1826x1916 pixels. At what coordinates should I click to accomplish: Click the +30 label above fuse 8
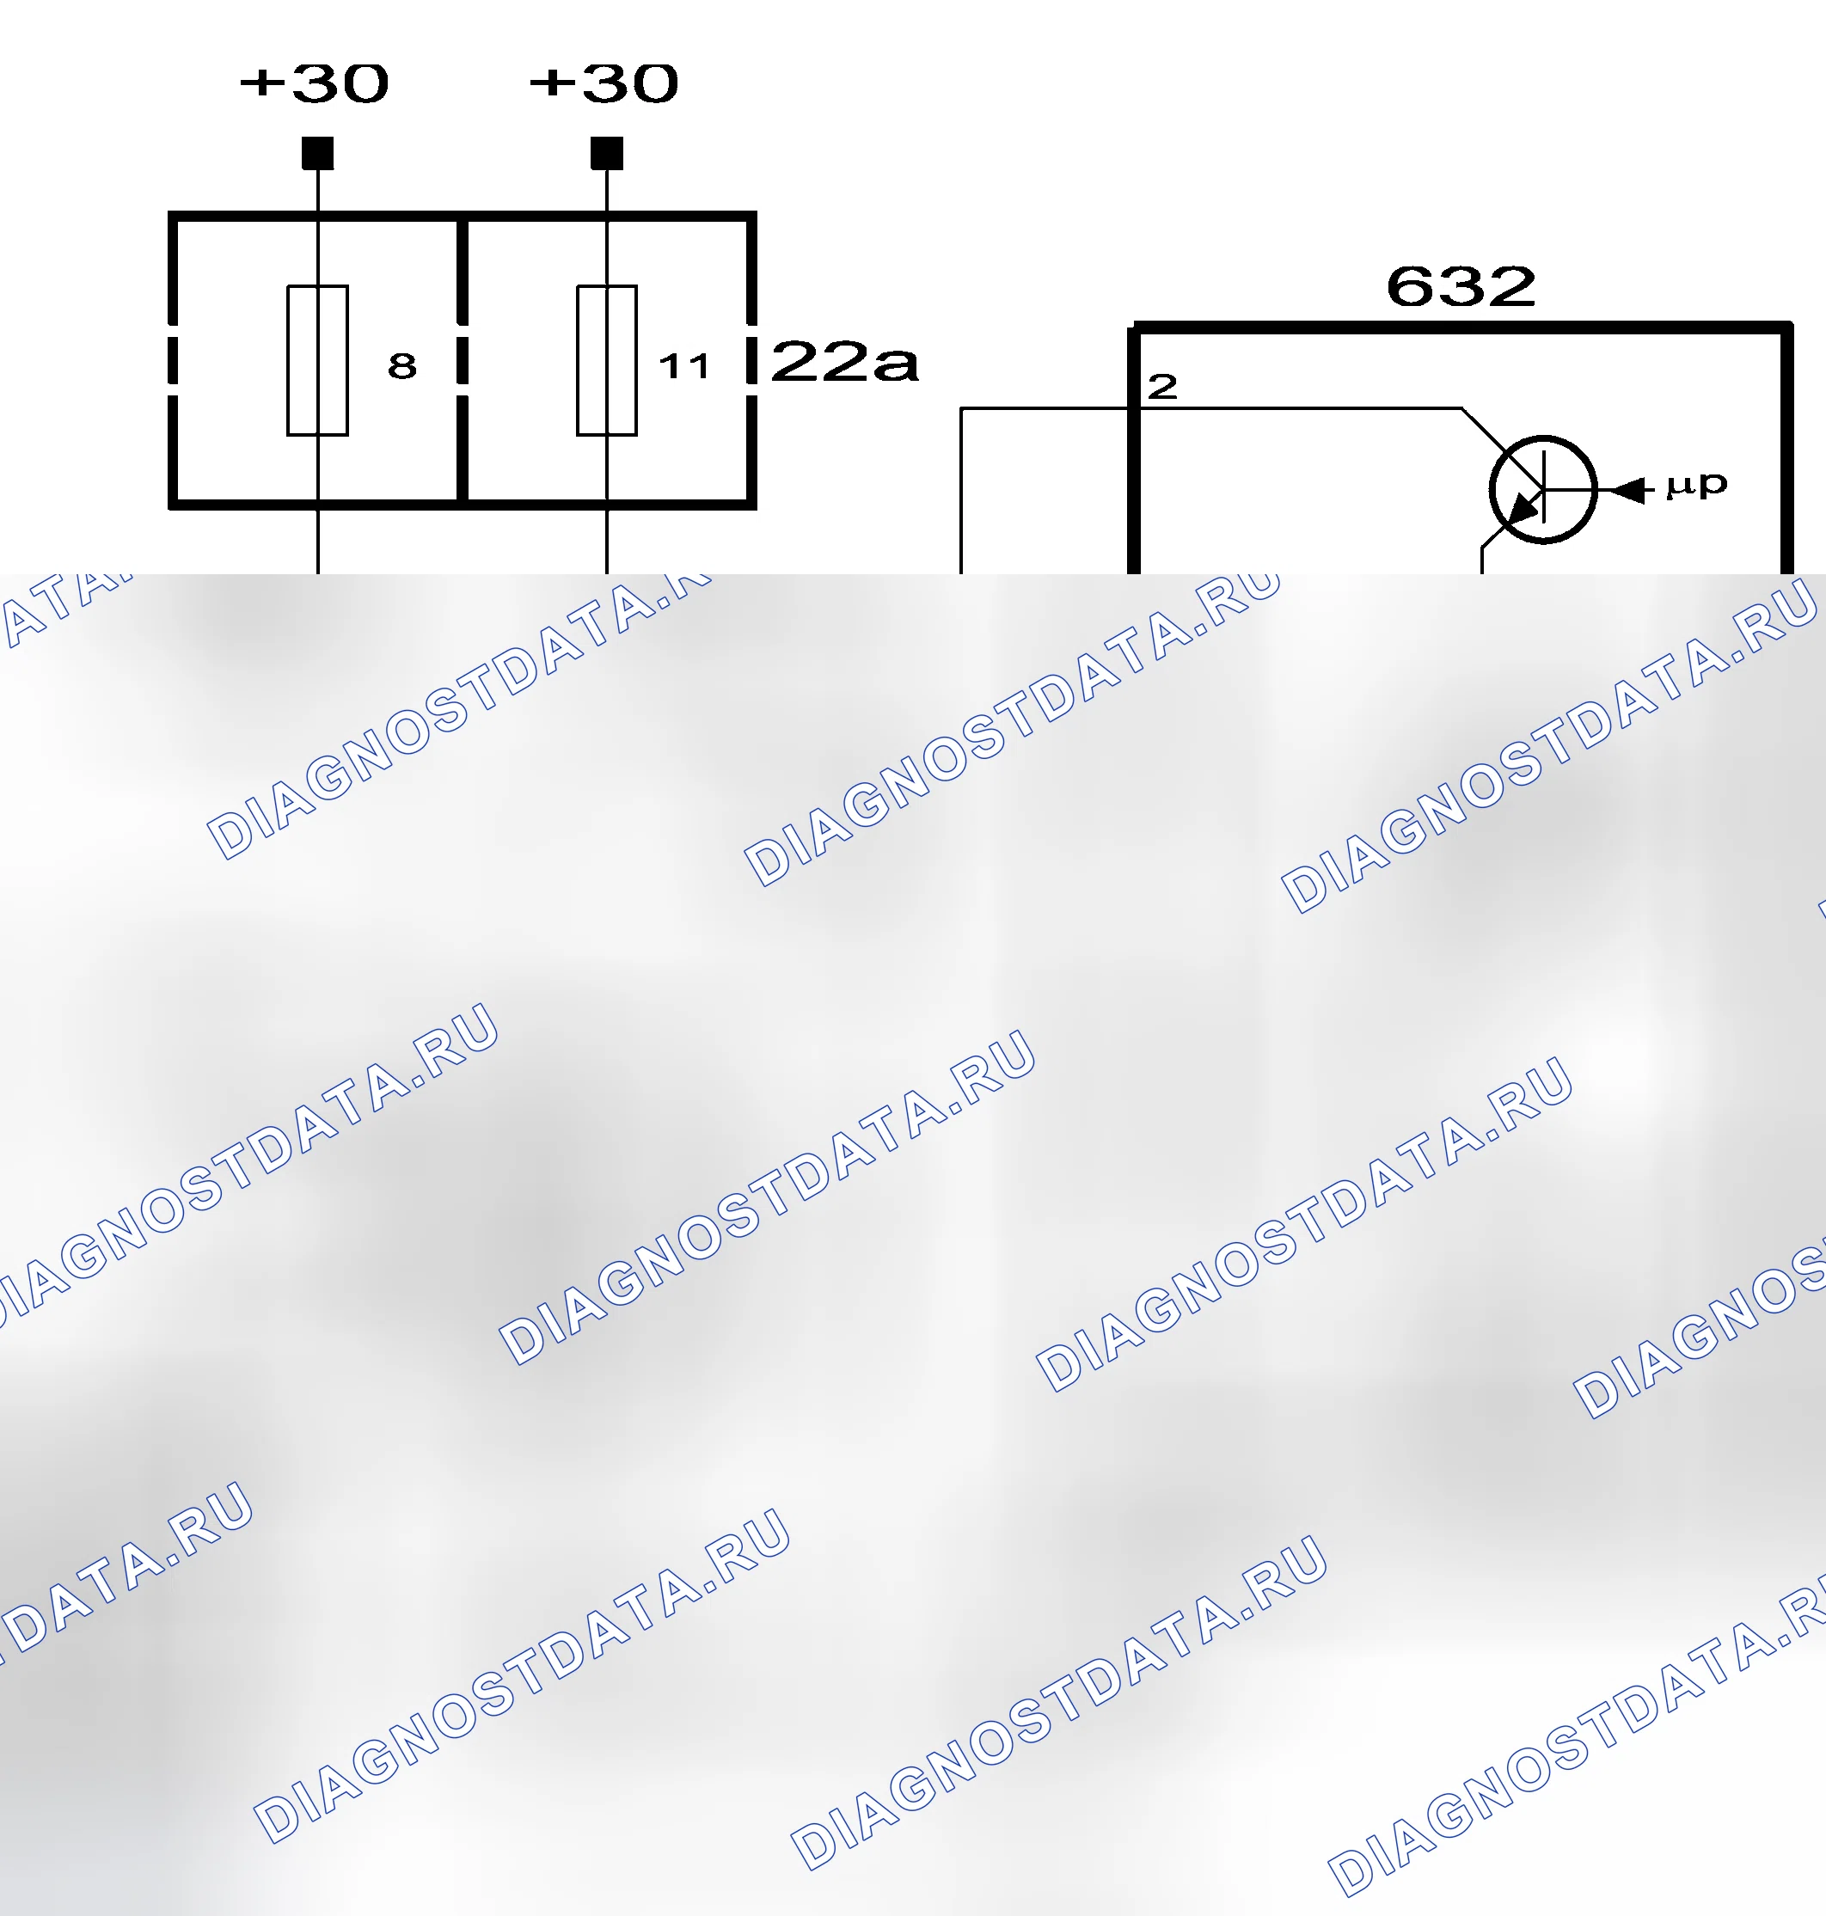(x=315, y=83)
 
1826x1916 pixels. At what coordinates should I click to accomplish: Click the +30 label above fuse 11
(x=604, y=83)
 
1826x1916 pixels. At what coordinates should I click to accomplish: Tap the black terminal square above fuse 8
(x=317, y=153)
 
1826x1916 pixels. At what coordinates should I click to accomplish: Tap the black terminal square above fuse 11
(x=606, y=153)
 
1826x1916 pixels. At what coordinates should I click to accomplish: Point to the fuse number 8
(x=402, y=366)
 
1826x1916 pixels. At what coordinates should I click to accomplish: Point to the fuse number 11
(x=684, y=366)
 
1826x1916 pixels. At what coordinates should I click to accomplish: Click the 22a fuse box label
(x=845, y=362)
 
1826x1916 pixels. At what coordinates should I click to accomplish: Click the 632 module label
(x=1461, y=286)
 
